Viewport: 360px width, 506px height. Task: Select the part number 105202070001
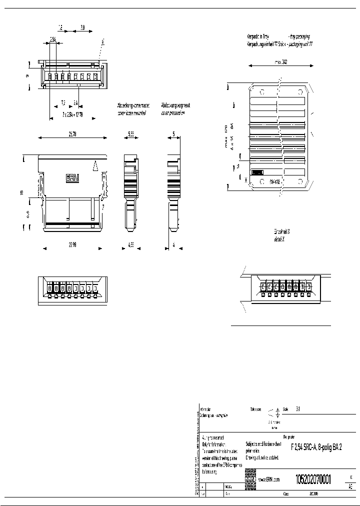tap(313, 478)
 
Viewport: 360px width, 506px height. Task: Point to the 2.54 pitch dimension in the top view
tap(53, 38)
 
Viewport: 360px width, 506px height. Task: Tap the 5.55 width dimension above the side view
tap(130, 134)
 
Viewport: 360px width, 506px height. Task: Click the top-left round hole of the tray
tap(261, 92)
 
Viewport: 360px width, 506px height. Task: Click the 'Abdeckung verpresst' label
tap(175, 106)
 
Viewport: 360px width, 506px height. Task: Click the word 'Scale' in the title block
tap(285, 408)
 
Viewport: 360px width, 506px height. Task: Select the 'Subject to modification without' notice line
tap(264, 444)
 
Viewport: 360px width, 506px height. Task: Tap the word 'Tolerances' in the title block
tap(256, 408)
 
